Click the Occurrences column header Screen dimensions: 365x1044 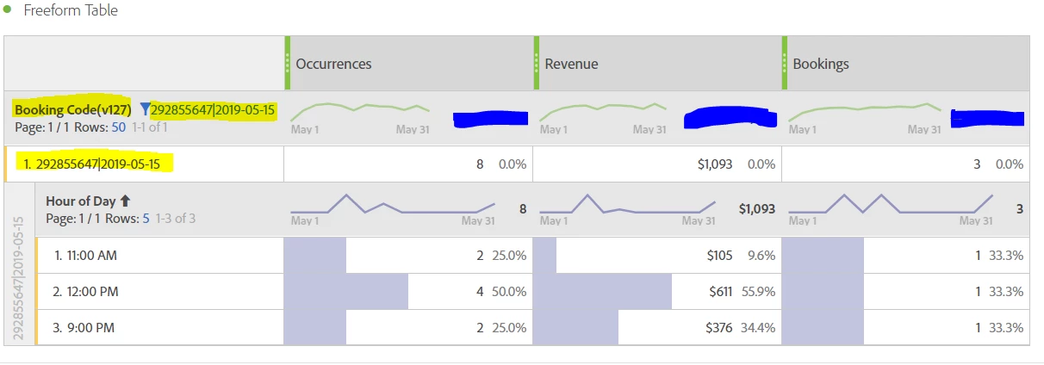point(333,64)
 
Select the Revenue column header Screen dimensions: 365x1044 point(571,64)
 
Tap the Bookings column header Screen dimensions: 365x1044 point(820,64)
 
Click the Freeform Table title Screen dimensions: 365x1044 point(71,11)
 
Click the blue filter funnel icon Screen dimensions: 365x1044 point(145,109)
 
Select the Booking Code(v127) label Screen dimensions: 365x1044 point(72,110)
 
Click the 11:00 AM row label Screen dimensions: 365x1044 point(85,256)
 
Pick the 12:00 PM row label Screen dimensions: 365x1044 point(85,292)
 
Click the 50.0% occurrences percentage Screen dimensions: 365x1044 point(508,292)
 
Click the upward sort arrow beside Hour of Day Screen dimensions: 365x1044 point(125,201)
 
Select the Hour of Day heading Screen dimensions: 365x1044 point(80,201)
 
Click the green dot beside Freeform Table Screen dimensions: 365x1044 point(8,10)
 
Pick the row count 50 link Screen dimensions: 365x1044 point(118,127)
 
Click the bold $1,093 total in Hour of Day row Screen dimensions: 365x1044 point(756,208)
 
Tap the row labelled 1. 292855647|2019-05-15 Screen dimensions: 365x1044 point(97,164)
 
